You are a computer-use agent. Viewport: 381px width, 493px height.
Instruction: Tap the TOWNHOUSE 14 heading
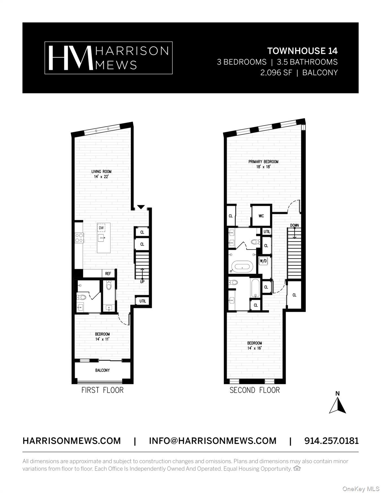tap(302, 51)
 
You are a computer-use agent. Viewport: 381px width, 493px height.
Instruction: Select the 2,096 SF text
tap(276, 73)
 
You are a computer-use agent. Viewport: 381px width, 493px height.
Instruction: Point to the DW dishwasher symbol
tap(101, 228)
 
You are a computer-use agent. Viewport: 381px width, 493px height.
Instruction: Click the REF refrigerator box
tap(108, 273)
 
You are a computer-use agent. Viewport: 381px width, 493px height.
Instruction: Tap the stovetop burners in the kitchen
tap(79, 238)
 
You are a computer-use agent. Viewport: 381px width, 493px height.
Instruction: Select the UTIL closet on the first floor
tap(143, 301)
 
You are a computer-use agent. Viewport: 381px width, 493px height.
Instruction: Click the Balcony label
tap(102, 370)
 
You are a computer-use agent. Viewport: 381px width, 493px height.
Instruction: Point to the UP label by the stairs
tap(142, 282)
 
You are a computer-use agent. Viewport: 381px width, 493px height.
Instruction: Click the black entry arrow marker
tap(141, 207)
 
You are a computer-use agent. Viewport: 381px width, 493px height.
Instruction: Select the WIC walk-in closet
tap(261, 216)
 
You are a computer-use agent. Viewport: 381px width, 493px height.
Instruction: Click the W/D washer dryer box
tap(263, 261)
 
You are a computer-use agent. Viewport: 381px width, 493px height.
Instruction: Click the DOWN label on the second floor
tap(294, 225)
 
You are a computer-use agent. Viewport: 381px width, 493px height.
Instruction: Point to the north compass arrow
tap(337, 405)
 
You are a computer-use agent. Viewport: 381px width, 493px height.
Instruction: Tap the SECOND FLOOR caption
tap(255, 390)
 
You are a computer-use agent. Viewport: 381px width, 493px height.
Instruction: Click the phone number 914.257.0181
tap(331, 441)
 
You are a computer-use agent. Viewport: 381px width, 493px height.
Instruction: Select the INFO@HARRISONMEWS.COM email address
tap(212, 441)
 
